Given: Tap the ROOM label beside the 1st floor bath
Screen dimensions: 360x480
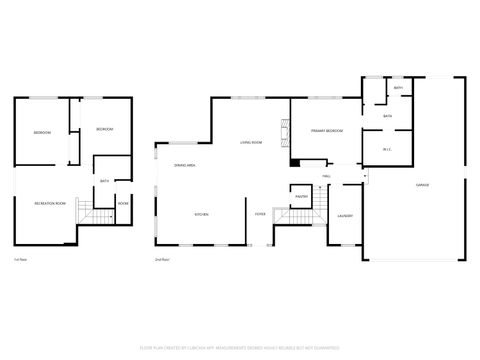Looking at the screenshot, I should tap(123, 203).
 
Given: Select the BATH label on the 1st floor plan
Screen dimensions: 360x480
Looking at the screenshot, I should tap(105, 181).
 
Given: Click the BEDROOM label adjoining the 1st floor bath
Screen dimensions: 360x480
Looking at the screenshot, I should tap(105, 130).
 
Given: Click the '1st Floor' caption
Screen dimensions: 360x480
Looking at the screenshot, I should tap(20, 259).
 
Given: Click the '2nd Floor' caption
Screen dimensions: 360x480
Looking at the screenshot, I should tap(160, 259).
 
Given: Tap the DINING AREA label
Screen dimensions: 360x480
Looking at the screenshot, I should tap(184, 165).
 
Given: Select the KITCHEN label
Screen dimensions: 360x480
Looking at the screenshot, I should tap(200, 214).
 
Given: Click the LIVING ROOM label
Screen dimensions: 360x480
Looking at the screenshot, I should tap(251, 143).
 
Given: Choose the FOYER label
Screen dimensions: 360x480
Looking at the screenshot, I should tap(260, 214).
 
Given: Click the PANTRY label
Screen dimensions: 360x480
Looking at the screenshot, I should tap(301, 197).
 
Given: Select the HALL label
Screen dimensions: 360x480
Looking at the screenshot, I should tap(327, 175).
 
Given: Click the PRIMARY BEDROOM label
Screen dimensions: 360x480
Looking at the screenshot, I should tap(326, 131).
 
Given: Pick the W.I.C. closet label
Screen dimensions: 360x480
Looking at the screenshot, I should tap(387, 150).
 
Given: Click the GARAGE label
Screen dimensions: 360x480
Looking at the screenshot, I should tap(423, 186).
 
